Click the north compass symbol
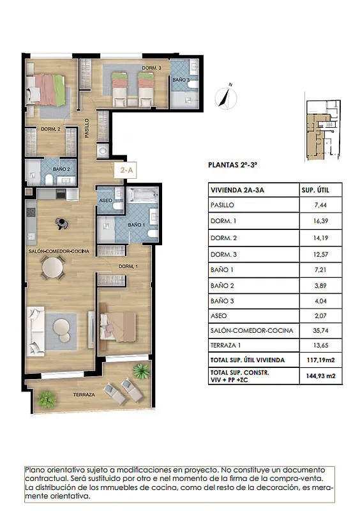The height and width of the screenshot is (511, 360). click(x=226, y=96)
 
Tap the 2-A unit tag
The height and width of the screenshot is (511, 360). click(x=126, y=170)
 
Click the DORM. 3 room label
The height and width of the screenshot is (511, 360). click(x=151, y=68)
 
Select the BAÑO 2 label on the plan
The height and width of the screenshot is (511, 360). click(x=61, y=169)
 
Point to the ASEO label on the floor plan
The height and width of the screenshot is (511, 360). click(x=105, y=201)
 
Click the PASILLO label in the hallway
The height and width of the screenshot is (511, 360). click(x=87, y=128)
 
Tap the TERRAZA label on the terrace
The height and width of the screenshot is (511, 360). click(x=84, y=395)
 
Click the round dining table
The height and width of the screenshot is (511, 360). click(x=52, y=267)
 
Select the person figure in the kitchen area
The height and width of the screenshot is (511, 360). click(x=61, y=224)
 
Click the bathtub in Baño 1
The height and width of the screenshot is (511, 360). click(x=142, y=195)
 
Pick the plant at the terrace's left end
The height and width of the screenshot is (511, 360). click(x=46, y=399)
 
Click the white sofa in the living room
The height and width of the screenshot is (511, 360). click(x=36, y=330)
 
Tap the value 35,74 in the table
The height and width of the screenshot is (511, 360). click(x=320, y=330)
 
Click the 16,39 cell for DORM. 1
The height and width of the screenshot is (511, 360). click(x=320, y=221)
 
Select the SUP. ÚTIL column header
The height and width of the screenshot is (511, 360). click(x=315, y=190)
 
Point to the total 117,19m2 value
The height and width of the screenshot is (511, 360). click(x=320, y=360)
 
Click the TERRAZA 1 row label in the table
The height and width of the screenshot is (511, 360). click(x=225, y=346)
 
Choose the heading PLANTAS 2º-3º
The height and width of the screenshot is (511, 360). click(x=232, y=165)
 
